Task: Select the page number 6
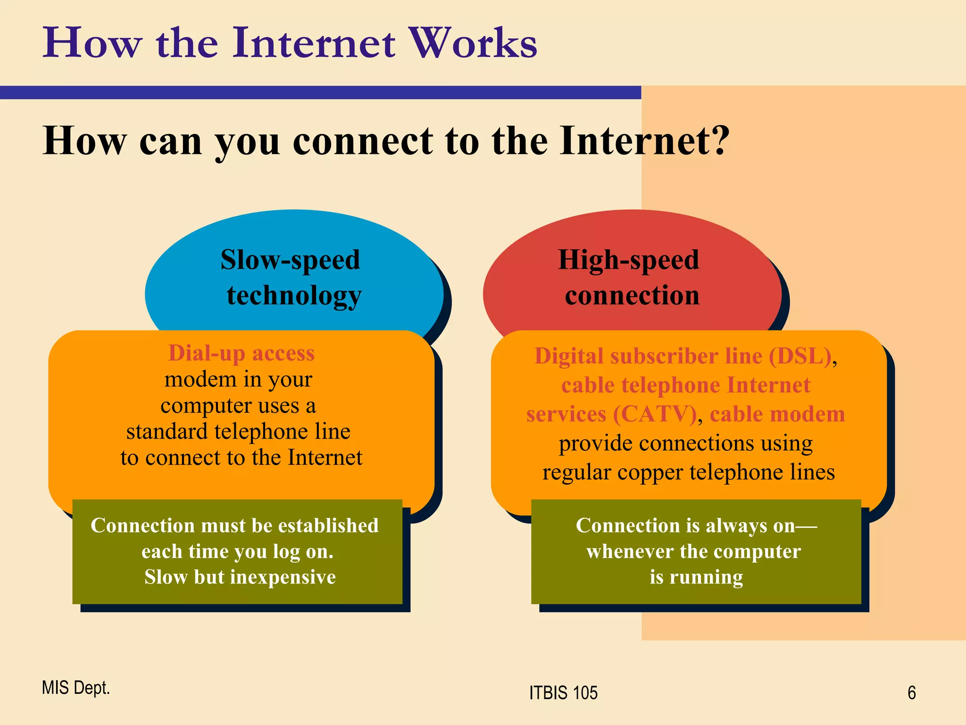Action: coord(911,693)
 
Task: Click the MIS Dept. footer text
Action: coord(75,688)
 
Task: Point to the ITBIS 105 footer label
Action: coord(563,693)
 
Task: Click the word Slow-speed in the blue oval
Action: coord(290,260)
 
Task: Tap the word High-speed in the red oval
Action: coord(628,260)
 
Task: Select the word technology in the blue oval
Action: coord(294,296)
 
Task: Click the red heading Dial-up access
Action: coord(241,353)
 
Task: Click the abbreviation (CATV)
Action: coord(655,414)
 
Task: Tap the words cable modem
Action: coord(777,414)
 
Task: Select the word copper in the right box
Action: coord(651,472)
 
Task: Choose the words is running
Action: coord(696,577)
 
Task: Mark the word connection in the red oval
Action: coord(632,296)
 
